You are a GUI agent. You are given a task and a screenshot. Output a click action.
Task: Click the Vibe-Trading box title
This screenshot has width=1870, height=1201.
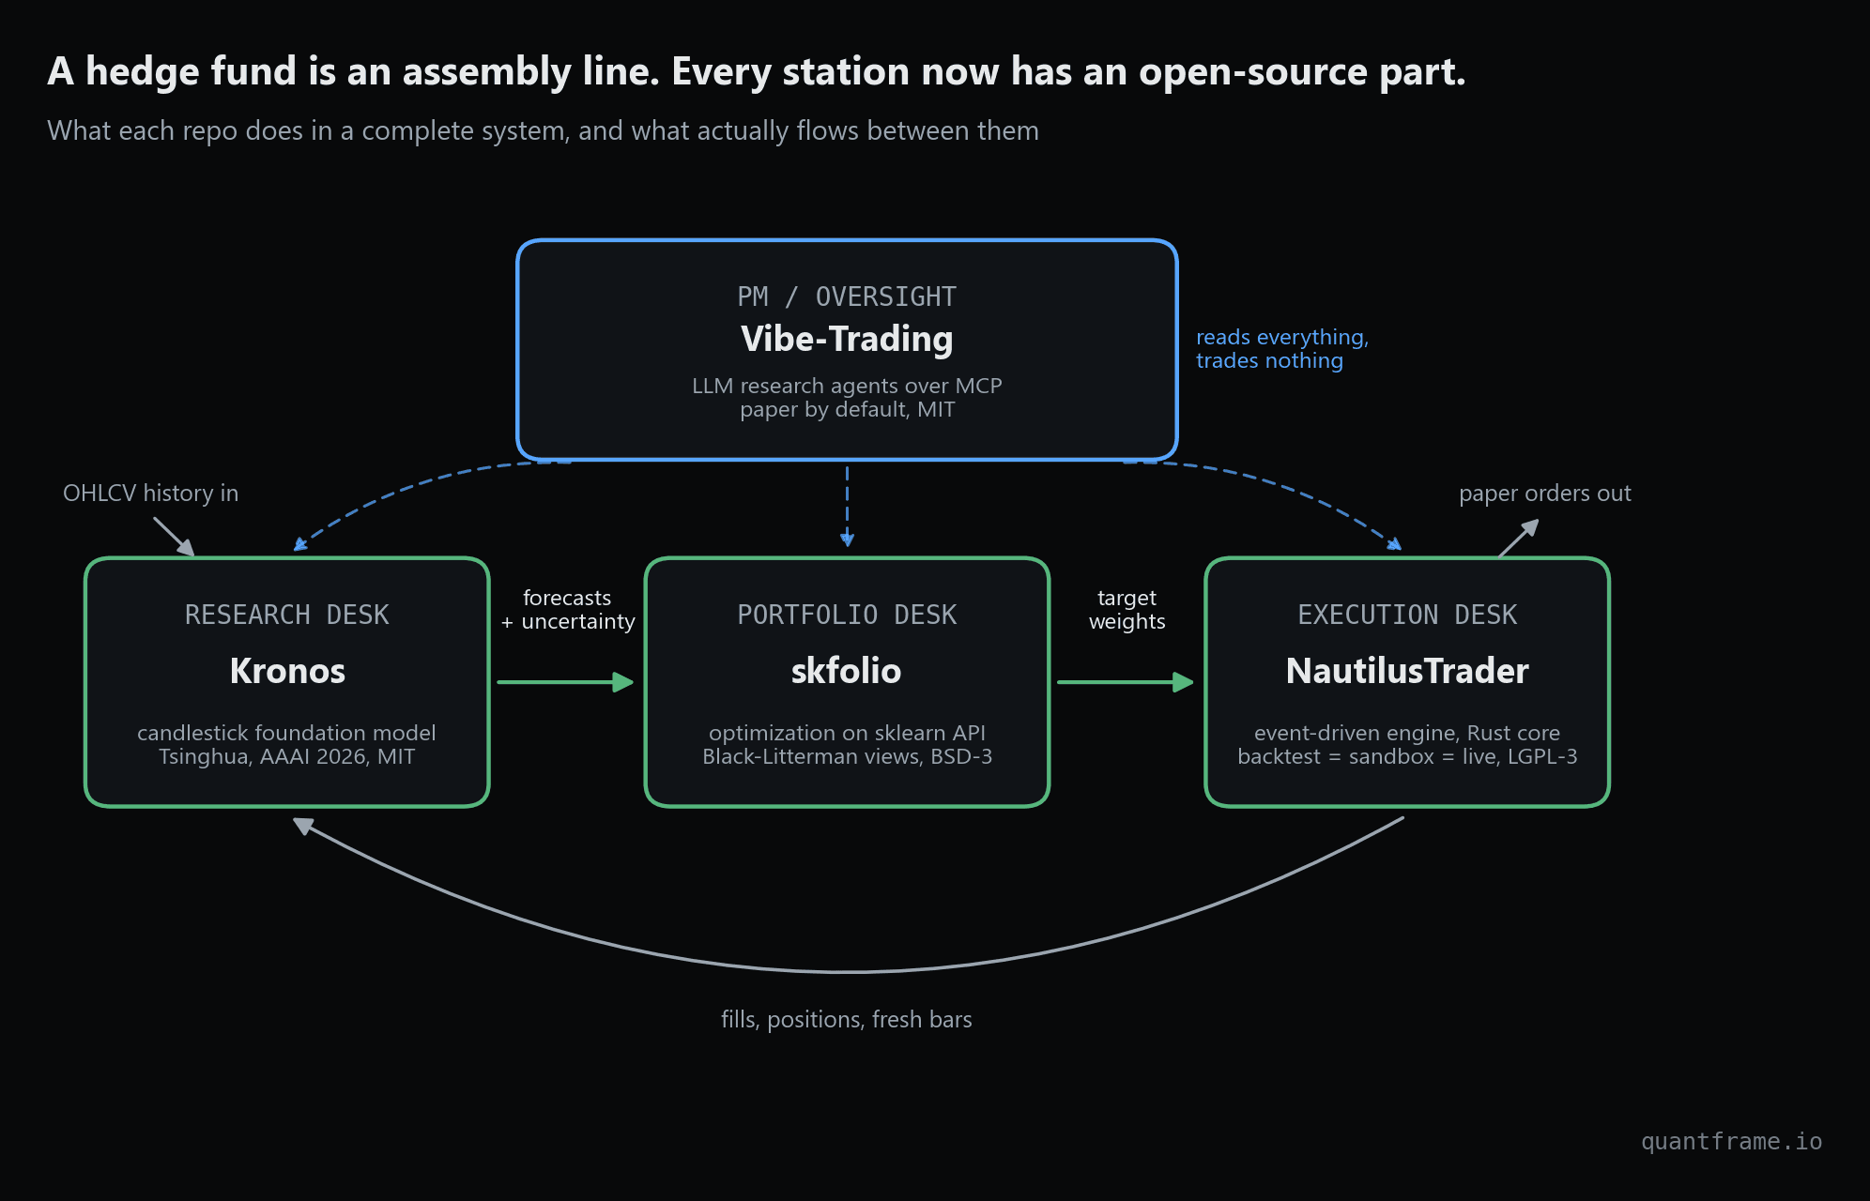click(847, 339)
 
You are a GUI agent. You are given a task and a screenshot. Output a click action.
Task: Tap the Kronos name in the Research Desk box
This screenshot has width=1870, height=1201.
click(287, 671)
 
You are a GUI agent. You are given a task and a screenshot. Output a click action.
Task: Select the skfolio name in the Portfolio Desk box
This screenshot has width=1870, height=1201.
click(847, 671)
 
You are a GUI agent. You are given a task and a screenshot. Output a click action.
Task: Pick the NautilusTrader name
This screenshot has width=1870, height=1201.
click(1407, 671)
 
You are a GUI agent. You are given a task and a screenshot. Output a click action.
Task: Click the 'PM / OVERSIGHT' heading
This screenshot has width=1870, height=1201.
click(847, 296)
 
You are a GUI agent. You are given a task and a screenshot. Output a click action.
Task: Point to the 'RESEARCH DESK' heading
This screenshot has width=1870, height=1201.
click(287, 615)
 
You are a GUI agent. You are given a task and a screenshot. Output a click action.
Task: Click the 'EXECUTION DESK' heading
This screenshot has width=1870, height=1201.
click(1407, 615)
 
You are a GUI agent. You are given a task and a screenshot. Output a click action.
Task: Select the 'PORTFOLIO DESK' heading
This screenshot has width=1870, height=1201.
click(847, 615)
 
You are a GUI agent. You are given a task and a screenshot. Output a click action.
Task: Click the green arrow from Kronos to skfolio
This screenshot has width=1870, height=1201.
click(566, 682)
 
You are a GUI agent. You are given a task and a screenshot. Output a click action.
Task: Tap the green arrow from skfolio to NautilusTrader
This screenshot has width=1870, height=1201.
click(1126, 682)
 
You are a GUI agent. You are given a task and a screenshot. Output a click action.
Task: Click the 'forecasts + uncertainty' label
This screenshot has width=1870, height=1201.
click(568, 610)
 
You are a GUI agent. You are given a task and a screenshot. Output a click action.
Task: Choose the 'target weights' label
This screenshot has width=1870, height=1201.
click(1127, 610)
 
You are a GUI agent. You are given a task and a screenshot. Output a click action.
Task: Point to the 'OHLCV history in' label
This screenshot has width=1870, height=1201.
click(151, 493)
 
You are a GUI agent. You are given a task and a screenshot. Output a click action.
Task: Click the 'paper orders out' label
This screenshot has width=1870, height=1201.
click(1545, 494)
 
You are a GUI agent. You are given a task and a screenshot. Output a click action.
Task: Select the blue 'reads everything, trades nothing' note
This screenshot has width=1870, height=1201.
click(1282, 349)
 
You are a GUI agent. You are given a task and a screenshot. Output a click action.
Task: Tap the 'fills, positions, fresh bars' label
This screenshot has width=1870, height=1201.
click(847, 1020)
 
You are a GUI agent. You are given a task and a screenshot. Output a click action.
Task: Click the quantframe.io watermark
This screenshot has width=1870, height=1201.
click(1732, 1141)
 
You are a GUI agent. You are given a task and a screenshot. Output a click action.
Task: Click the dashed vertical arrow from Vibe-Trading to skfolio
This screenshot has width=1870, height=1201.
click(847, 506)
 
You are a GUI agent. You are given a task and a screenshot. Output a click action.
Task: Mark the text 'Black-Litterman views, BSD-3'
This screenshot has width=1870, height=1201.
click(847, 756)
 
